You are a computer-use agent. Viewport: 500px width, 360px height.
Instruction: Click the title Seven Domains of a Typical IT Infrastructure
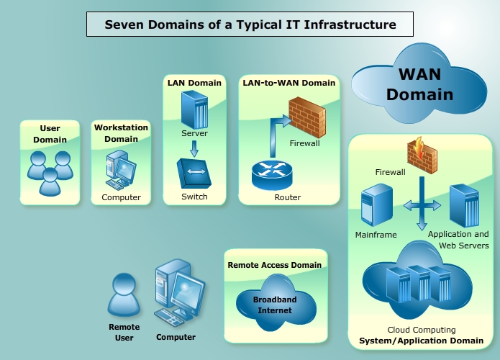pyautogui.click(x=250, y=24)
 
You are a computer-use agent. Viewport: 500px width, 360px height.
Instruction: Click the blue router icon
pyautogui.click(x=271, y=174)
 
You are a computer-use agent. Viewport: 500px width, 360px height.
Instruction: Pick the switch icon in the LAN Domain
pyautogui.click(x=194, y=174)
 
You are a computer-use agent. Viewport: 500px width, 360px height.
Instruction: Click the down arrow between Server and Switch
pyautogui.click(x=194, y=148)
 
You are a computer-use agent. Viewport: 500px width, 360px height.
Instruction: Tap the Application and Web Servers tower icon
pyautogui.click(x=463, y=206)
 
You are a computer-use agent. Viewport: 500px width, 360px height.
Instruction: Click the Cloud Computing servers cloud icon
pyautogui.click(x=417, y=282)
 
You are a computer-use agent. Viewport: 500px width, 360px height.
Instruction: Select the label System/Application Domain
pyautogui.click(x=421, y=341)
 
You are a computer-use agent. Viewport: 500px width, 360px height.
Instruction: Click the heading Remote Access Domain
pyautogui.click(x=275, y=265)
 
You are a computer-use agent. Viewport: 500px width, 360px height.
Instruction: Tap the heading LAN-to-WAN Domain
pyautogui.click(x=288, y=83)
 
